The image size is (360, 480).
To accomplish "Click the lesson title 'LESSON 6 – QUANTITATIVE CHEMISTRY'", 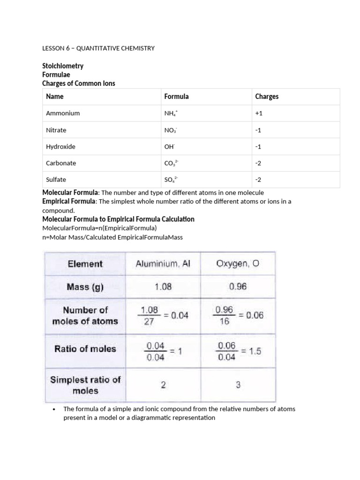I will click(98, 48).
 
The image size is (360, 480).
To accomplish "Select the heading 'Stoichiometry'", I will click(63, 66).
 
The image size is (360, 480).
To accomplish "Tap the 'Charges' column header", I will click(267, 97).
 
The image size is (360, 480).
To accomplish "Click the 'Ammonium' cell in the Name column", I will click(63, 113).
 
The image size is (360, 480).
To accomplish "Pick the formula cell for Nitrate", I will click(170, 130).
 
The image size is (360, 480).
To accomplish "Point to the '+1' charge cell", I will click(259, 113).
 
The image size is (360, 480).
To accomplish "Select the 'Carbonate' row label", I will click(61, 163).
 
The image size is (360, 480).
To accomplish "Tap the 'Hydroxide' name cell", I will click(60, 146).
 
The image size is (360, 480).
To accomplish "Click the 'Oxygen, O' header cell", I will click(238, 264).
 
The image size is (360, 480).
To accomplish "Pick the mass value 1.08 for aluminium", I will click(163, 286).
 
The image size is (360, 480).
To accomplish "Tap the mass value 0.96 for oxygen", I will click(238, 286).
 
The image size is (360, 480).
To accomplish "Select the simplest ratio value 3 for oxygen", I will click(238, 385).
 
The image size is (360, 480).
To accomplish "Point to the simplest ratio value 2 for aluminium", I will click(163, 385).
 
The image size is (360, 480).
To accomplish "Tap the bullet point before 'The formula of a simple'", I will click(54, 409).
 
